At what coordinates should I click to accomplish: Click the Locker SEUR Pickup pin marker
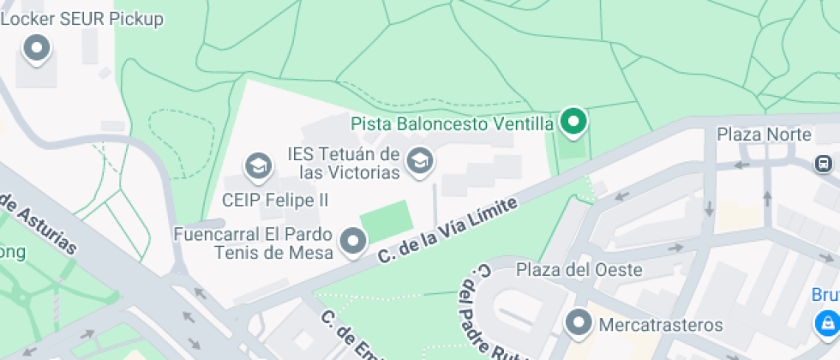[37, 48]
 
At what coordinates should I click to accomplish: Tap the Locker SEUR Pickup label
[82, 19]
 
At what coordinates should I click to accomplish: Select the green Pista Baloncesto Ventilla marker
[573, 122]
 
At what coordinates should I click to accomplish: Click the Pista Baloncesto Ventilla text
[452, 124]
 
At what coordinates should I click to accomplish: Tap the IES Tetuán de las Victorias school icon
[419, 160]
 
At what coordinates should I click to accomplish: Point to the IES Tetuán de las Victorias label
[343, 164]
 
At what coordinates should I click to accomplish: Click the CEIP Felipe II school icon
[257, 166]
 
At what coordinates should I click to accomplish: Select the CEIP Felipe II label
[274, 200]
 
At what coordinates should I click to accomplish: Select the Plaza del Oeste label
[579, 270]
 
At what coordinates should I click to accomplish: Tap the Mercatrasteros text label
[660, 326]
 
